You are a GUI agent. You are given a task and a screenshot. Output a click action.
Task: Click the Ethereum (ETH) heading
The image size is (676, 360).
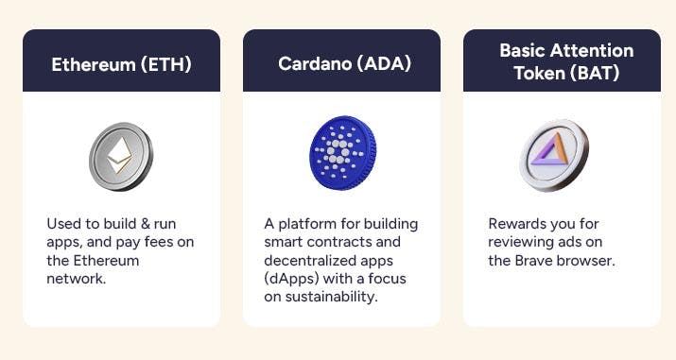pyautogui.click(x=121, y=64)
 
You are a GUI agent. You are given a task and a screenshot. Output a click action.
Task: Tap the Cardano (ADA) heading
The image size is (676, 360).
pyautogui.click(x=341, y=64)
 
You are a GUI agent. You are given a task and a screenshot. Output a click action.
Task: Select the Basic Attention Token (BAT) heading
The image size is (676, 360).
pyautogui.click(x=562, y=60)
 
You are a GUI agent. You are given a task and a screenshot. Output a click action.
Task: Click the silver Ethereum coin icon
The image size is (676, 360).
pyautogui.click(x=121, y=156)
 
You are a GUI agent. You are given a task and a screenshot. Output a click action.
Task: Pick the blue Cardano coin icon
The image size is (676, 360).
pyautogui.click(x=341, y=155)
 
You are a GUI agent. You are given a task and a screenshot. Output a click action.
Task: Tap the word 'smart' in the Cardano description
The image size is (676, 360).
pyautogui.click(x=286, y=243)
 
